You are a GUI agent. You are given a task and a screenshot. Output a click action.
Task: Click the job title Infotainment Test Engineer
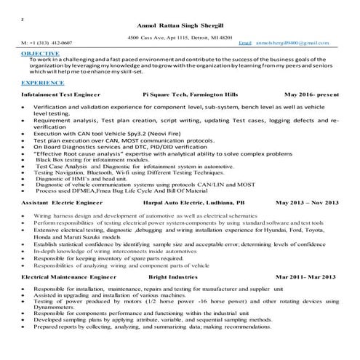click(x=61, y=95)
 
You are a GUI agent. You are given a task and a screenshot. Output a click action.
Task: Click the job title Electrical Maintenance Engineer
click(x=68, y=278)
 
